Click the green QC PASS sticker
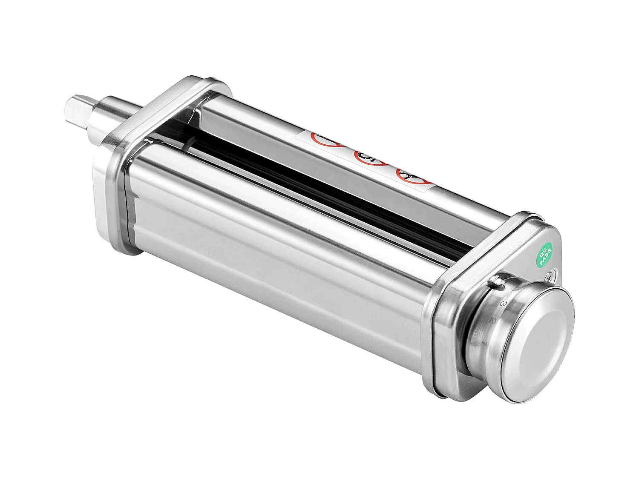pos(545,254)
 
